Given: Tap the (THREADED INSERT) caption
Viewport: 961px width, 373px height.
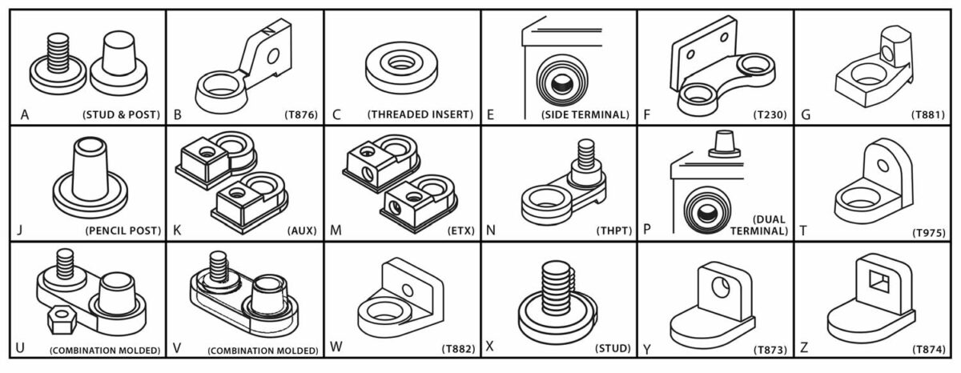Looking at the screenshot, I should pyautogui.click(x=420, y=114).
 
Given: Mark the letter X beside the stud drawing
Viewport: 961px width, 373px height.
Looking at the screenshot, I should pyautogui.click(x=490, y=349).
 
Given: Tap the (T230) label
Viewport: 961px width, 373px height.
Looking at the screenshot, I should pyautogui.click(x=768, y=114).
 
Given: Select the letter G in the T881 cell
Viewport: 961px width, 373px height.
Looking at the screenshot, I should pyautogui.click(x=806, y=114).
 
